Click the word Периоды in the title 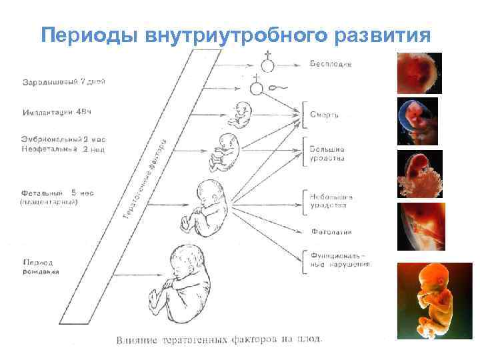pos(87,35)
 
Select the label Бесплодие pos(331,64)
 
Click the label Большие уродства pos(327,155)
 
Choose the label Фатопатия pos(331,233)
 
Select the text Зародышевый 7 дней pos(64,82)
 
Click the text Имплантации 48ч pos(59,113)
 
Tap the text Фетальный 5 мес pos(58,193)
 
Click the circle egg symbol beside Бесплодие pos(267,65)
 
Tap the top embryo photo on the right pos(419,73)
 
